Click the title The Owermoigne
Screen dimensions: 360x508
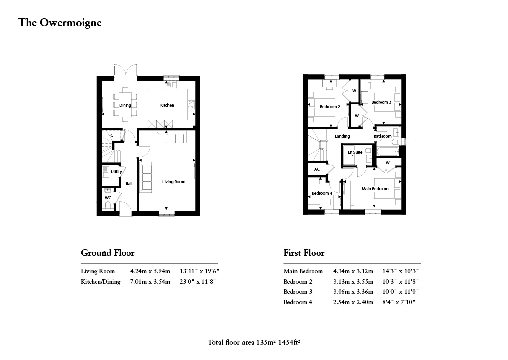tap(59, 23)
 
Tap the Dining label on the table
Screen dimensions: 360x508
tap(125, 105)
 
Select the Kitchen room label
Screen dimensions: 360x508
tap(167, 105)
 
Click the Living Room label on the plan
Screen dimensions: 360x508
tap(173, 182)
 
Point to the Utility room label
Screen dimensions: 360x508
tap(116, 172)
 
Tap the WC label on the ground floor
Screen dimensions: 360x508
tap(108, 198)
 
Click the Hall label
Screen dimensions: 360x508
tap(129, 184)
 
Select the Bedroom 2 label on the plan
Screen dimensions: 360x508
tap(330, 107)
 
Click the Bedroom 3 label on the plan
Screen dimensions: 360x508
tap(381, 102)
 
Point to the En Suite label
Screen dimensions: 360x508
tap(355, 152)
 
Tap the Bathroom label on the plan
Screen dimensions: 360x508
tap(382, 136)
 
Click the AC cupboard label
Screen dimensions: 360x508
tap(317, 169)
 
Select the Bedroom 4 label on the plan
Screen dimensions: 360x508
tap(322, 193)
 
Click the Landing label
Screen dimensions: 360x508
tap(342, 136)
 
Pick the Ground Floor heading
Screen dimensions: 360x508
tap(108, 253)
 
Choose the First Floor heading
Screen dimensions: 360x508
tap(304, 253)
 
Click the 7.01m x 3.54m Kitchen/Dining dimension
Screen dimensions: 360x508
tap(150, 282)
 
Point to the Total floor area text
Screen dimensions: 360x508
tap(255, 343)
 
